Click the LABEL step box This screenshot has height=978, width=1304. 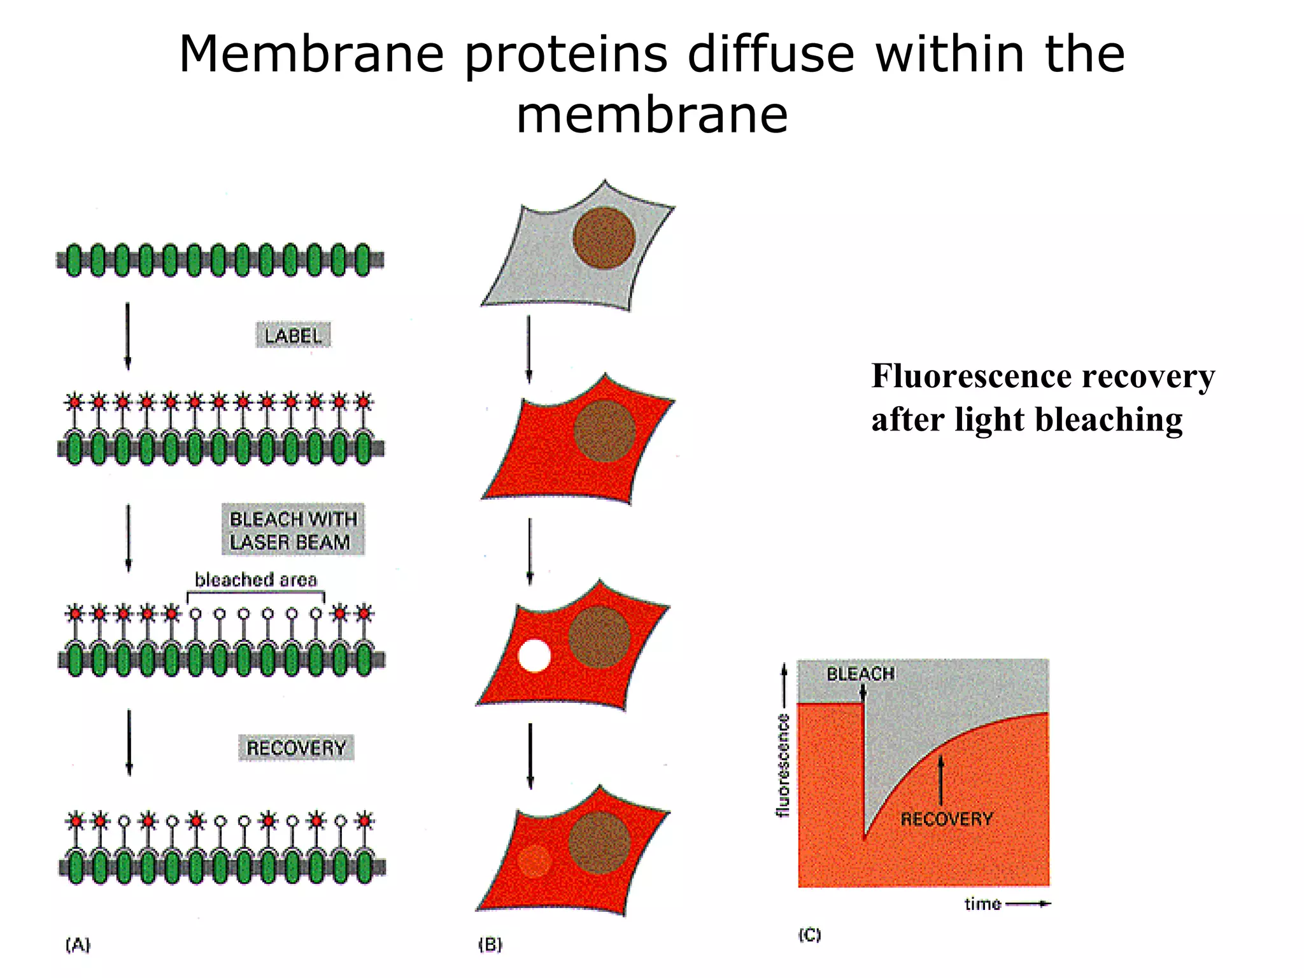click(x=293, y=336)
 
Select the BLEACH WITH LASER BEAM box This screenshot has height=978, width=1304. click(x=293, y=530)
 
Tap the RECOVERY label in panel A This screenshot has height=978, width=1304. click(x=296, y=748)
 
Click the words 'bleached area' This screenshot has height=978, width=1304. click(x=255, y=579)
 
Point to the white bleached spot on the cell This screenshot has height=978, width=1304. click(x=534, y=655)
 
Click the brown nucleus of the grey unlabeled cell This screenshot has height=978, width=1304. click(x=604, y=237)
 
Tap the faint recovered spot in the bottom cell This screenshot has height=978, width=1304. click(x=534, y=861)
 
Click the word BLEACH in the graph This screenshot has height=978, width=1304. click(x=860, y=674)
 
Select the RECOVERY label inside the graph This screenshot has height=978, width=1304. click(x=946, y=819)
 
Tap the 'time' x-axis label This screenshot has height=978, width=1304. click(x=982, y=904)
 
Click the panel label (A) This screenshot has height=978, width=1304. click(x=78, y=944)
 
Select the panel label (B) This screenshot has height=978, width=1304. click(x=490, y=944)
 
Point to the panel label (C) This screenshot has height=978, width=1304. click(x=809, y=935)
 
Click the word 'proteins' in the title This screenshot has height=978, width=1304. click(x=566, y=54)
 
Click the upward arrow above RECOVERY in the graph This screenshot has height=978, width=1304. click(x=941, y=780)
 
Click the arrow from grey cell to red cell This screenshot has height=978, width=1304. click(x=529, y=349)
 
